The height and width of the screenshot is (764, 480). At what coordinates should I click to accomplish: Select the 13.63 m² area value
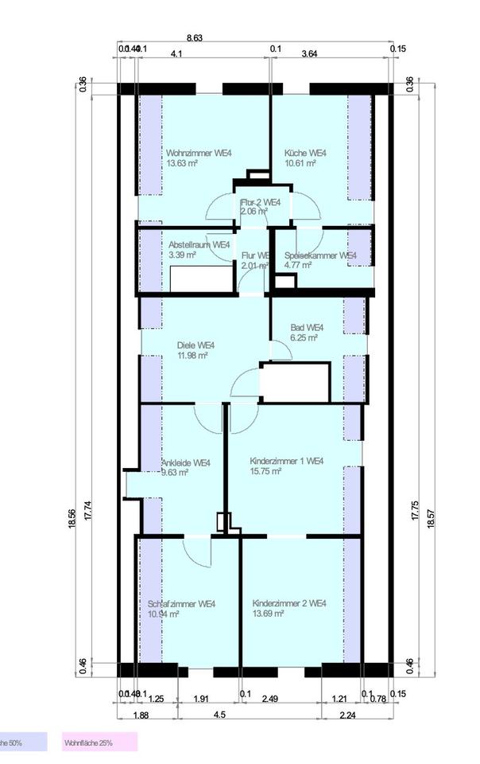[182, 163]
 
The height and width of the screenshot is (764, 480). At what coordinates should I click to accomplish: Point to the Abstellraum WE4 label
[199, 245]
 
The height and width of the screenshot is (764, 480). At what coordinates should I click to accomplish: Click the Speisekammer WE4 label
[320, 255]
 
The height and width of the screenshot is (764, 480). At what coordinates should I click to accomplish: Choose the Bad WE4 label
[307, 327]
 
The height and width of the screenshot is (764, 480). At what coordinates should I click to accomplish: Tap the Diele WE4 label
[195, 345]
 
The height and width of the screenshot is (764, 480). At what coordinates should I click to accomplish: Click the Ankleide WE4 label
[186, 462]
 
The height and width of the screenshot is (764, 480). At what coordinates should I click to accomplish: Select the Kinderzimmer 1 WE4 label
[287, 461]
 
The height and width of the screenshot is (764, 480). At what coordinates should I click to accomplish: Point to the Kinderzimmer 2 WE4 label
[289, 604]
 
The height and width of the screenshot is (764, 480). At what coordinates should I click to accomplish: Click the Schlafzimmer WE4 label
[181, 604]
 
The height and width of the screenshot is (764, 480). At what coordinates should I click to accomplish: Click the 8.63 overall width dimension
[194, 37]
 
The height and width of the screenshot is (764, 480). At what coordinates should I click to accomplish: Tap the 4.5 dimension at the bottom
[220, 715]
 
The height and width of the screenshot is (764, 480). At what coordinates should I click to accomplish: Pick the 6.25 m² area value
[303, 337]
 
